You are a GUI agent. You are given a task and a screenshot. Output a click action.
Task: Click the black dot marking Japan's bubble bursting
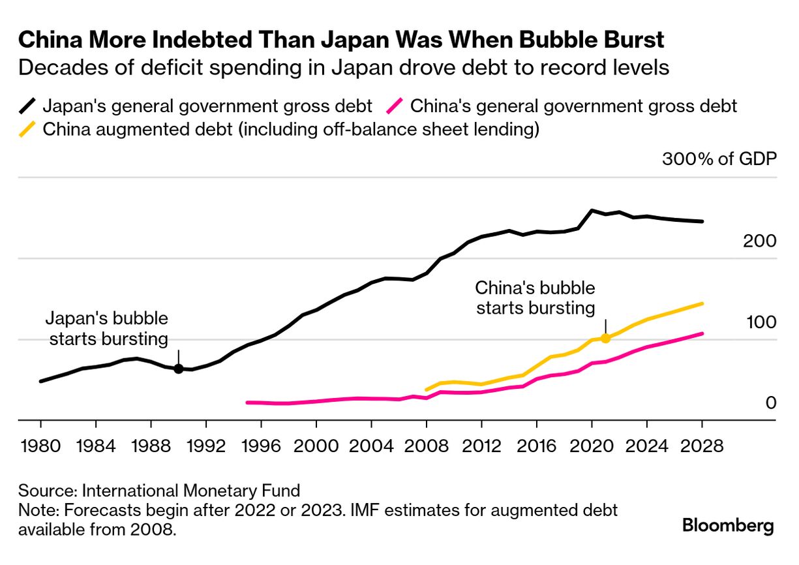tap(178, 369)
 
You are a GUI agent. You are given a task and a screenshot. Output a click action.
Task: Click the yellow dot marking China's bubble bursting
tap(605, 338)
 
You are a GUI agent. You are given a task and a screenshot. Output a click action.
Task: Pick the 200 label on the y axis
tap(759, 241)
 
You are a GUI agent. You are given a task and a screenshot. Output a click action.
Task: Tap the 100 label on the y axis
tap(759, 322)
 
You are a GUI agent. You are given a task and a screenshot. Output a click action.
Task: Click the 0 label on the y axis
tap(770, 403)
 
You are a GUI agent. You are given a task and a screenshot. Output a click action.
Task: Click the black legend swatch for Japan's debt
tap(28, 106)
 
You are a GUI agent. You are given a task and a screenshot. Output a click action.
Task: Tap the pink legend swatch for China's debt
tap(395, 106)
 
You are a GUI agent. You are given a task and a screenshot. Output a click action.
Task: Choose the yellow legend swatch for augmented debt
tap(28, 129)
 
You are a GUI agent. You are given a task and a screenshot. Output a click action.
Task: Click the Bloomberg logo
tap(728, 526)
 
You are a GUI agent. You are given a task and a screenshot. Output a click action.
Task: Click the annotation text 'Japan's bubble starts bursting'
tap(106, 329)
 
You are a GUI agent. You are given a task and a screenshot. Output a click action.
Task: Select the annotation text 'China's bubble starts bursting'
tap(535, 298)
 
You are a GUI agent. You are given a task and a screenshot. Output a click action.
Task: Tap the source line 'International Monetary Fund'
tap(192, 491)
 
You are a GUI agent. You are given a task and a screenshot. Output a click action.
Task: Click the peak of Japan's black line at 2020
tap(591, 210)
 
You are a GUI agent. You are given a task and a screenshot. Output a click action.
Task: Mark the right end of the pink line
tap(702, 333)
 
